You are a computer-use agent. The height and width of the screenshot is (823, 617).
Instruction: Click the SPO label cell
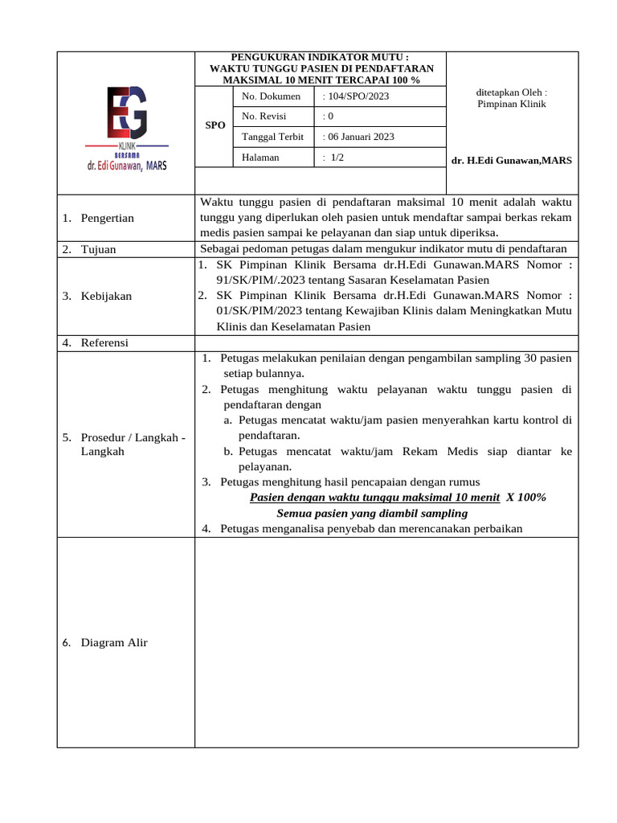(x=215, y=126)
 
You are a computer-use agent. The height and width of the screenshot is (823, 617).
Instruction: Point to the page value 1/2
(x=333, y=158)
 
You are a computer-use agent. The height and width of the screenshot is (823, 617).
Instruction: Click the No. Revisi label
(x=265, y=117)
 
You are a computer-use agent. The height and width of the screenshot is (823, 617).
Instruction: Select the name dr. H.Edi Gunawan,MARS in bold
(x=512, y=161)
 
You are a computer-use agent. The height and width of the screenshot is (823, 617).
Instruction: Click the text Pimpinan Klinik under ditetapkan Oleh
(x=512, y=104)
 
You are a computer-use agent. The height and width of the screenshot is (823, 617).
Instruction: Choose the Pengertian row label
(x=107, y=219)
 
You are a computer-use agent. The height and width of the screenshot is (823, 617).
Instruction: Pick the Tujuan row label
(x=98, y=250)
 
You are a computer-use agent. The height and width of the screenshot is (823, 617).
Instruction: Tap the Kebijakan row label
(x=106, y=297)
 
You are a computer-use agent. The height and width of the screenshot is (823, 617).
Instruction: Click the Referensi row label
(x=104, y=343)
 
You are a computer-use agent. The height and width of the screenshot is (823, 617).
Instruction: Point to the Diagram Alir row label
(x=114, y=643)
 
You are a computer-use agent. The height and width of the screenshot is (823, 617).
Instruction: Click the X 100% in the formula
(x=526, y=497)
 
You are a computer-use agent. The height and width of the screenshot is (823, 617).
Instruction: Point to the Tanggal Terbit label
(x=272, y=137)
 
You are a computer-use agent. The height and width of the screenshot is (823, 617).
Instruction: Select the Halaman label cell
(x=260, y=158)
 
